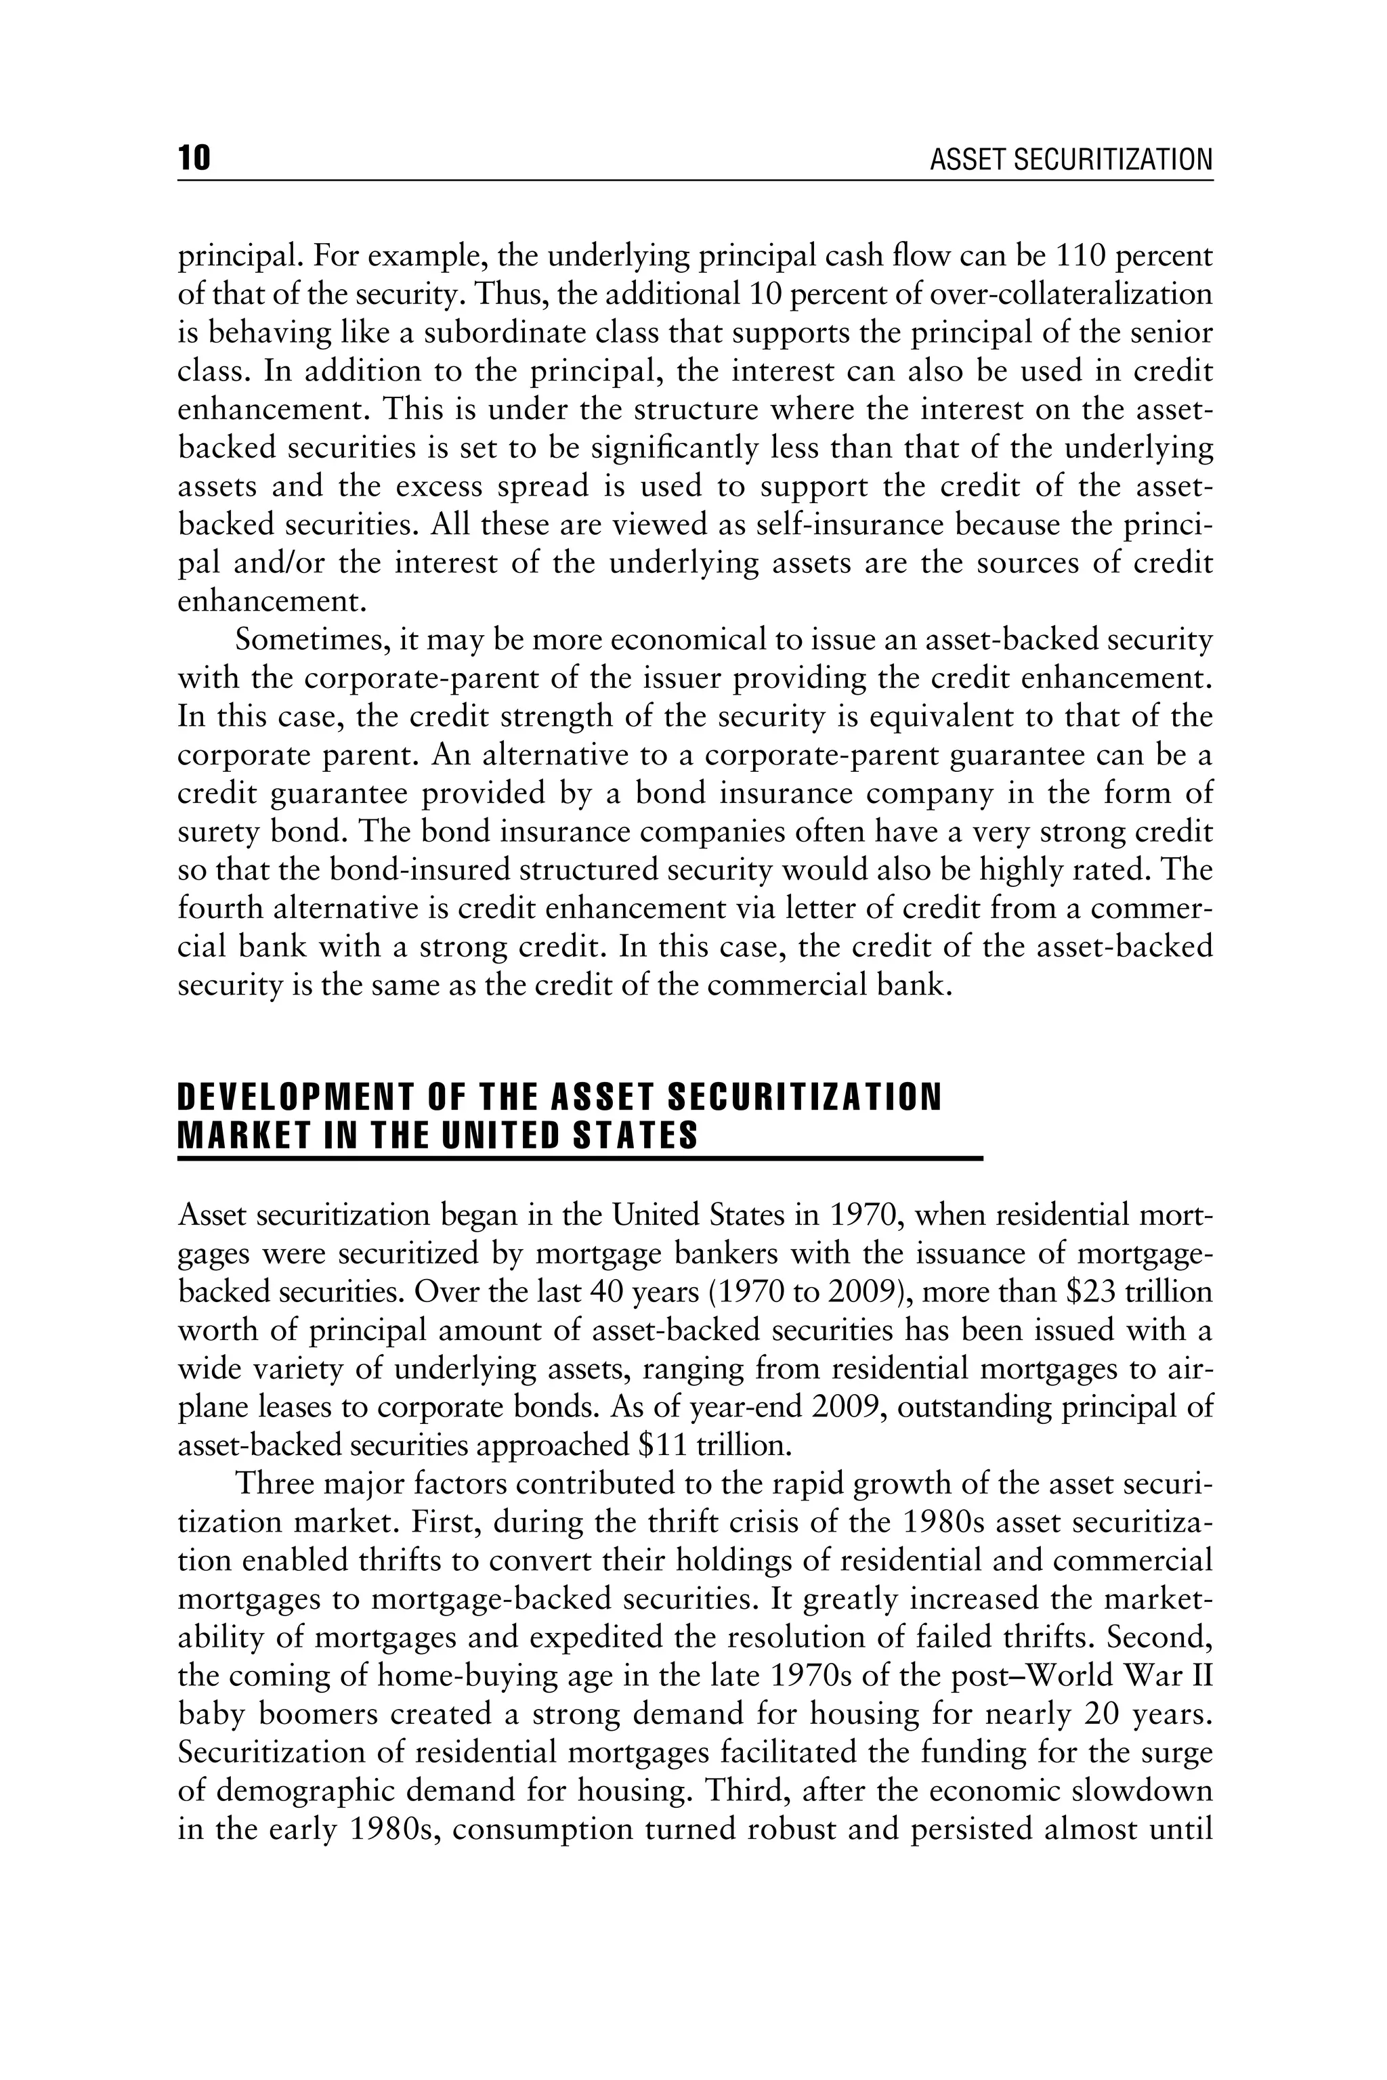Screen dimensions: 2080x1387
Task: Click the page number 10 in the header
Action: click(x=194, y=159)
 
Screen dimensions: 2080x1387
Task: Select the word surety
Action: click(x=222, y=832)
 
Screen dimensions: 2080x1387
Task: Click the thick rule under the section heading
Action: click(x=580, y=1158)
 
